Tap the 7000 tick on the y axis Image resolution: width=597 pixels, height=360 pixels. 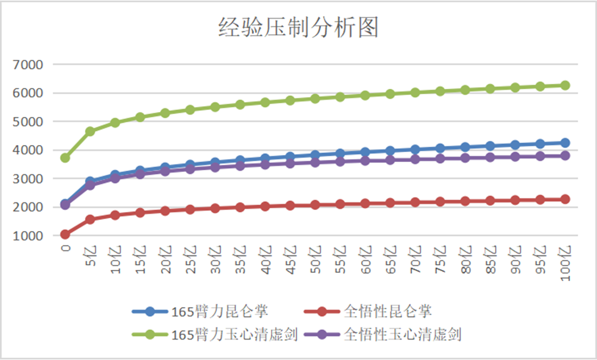(28, 65)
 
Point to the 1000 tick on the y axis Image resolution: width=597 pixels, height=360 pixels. (28, 236)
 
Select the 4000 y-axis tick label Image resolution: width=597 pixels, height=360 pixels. (28, 150)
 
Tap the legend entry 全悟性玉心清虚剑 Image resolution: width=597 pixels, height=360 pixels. (402, 335)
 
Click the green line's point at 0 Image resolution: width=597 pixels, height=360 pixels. (65, 158)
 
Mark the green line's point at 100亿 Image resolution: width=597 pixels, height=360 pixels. (565, 85)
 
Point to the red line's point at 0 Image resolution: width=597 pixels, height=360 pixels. (65, 234)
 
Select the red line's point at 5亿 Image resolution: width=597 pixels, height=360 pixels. (90, 219)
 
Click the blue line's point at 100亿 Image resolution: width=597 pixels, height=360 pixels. (565, 143)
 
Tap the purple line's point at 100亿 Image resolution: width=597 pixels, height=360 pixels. (565, 156)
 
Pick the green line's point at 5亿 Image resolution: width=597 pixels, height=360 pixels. (90, 131)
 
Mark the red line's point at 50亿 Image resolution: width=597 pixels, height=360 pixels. (315, 205)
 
